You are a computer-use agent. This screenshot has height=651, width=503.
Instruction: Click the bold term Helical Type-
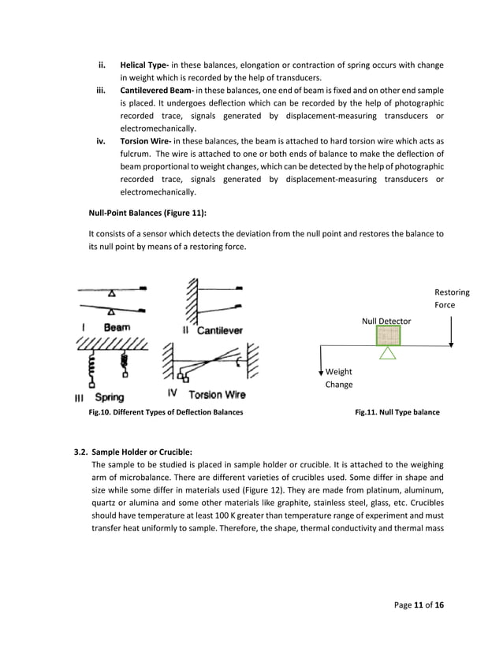click(x=146, y=64)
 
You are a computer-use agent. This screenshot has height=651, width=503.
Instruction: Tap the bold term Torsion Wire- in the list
click(x=147, y=142)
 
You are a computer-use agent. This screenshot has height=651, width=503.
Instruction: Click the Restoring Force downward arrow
click(x=450, y=331)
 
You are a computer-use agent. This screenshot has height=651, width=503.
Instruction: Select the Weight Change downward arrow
click(x=322, y=365)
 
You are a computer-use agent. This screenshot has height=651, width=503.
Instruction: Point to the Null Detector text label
click(x=386, y=321)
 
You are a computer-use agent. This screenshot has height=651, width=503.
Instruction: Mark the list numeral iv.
click(x=101, y=142)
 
